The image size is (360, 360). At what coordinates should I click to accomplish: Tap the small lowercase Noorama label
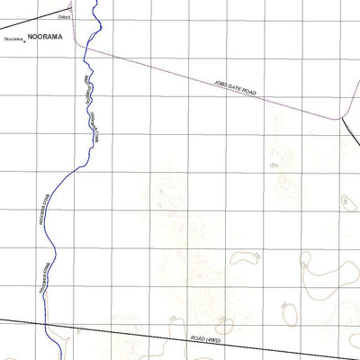tap(11, 39)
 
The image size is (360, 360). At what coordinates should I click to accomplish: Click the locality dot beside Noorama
tap(24, 40)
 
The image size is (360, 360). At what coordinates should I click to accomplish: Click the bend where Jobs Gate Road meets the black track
tap(342, 117)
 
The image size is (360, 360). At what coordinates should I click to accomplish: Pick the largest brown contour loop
tap(324, 274)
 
